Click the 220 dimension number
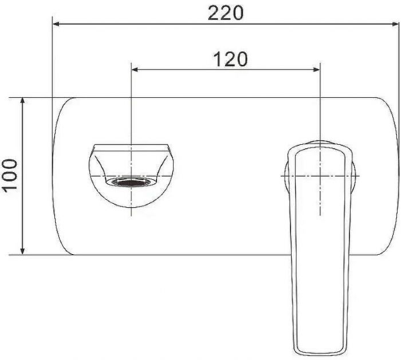click(225, 13)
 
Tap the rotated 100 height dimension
click(10, 175)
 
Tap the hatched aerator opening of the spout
click(132, 183)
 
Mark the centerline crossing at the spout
click(132, 175)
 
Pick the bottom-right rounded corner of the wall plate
click(390, 247)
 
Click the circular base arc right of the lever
click(356, 175)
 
